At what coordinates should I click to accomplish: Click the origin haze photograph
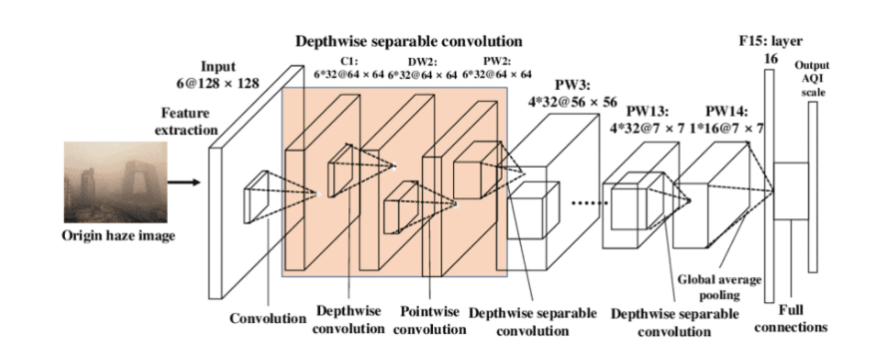coord(115,182)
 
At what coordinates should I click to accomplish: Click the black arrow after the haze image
coord(185,182)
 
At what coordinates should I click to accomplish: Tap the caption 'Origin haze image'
coord(119,235)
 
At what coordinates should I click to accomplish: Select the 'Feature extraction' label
coord(190,122)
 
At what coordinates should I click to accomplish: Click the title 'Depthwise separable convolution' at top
coord(409,41)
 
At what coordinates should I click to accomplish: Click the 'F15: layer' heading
coord(770,41)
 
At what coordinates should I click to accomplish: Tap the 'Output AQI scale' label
coord(811,79)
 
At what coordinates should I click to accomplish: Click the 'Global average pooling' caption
coord(719,286)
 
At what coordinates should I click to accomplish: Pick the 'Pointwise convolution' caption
coord(429,319)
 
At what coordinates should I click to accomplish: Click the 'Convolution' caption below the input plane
coord(267,318)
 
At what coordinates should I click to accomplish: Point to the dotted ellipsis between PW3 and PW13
coord(589,203)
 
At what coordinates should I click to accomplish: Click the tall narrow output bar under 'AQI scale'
coord(812,187)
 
